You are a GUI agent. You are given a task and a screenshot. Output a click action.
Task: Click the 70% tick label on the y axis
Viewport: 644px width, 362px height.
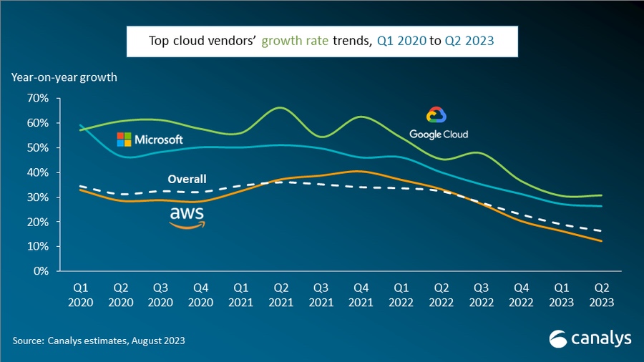(x=37, y=98)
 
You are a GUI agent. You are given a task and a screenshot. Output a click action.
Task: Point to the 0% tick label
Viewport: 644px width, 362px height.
(x=40, y=271)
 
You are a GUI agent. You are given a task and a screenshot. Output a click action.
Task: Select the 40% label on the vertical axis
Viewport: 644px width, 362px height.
(x=37, y=172)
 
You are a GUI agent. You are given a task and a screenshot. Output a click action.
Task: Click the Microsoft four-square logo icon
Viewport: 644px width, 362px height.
(x=124, y=139)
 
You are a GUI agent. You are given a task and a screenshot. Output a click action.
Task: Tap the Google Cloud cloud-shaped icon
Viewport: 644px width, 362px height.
(x=436, y=115)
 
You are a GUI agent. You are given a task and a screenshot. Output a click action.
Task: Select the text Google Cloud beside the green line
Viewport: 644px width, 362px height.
(x=439, y=134)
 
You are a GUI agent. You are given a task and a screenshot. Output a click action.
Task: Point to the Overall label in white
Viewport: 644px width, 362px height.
(x=187, y=179)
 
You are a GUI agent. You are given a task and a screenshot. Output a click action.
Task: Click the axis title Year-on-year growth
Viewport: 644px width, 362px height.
(x=64, y=77)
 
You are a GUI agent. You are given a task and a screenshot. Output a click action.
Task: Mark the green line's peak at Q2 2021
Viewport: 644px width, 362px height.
(x=280, y=107)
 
